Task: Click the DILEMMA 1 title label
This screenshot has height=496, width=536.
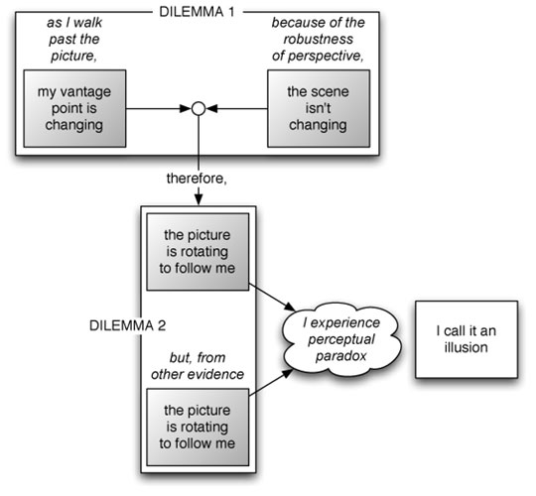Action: (197, 12)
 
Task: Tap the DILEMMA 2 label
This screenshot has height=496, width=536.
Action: (127, 325)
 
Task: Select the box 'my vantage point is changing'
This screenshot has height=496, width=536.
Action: (74, 109)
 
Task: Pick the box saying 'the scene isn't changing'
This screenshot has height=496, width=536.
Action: (319, 109)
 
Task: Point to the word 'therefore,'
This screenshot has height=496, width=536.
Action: (197, 179)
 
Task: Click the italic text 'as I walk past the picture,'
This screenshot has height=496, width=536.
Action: (74, 39)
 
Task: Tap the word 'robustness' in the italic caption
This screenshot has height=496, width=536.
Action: (319, 39)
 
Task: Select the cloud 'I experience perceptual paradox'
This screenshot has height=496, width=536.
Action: (341, 339)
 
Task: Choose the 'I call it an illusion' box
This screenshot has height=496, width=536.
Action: (467, 339)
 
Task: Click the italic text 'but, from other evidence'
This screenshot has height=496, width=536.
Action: (198, 366)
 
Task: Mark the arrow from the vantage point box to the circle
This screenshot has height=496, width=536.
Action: (158, 109)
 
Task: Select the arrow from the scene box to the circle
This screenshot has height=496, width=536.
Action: (237, 109)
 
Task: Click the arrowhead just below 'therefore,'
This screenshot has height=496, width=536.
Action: (199, 200)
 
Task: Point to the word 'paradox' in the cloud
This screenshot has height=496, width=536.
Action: (340, 356)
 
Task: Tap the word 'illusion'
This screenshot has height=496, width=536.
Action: (466, 347)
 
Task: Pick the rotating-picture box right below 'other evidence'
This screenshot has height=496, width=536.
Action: (198, 427)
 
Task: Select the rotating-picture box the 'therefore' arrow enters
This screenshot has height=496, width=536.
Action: (198, 252)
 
